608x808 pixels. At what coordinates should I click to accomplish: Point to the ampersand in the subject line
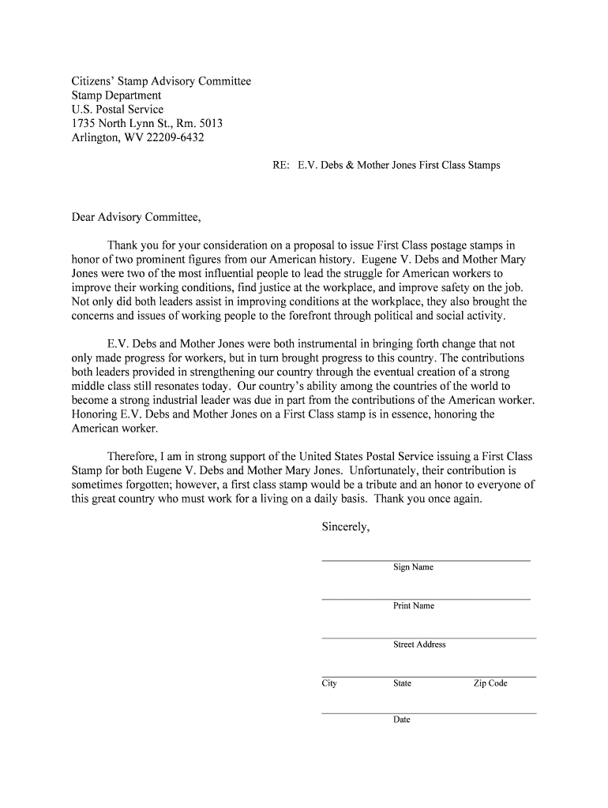[350, 166]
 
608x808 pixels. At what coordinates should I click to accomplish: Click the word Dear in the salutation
[85, 217]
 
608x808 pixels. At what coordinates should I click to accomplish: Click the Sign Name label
[413, 567]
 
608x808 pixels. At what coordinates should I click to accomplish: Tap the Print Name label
[414, 606]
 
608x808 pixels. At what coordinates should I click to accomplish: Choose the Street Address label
[419, 645]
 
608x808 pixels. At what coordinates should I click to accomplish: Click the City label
[329, 683]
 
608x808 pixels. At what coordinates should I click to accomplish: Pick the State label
[402, 683]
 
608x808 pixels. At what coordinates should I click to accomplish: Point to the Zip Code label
[490, 683]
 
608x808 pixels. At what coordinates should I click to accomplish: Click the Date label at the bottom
[402, 720]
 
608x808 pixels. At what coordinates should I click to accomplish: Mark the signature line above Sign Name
[426, 560]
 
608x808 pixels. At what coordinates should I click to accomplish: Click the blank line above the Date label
[429, 713]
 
